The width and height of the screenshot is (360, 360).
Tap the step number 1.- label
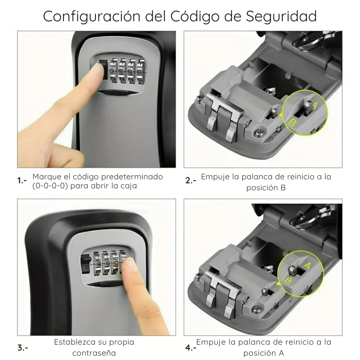coord(22,181)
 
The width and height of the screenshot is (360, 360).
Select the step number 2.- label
coord(191,181)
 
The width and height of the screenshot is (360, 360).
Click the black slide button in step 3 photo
coord(86,263)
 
